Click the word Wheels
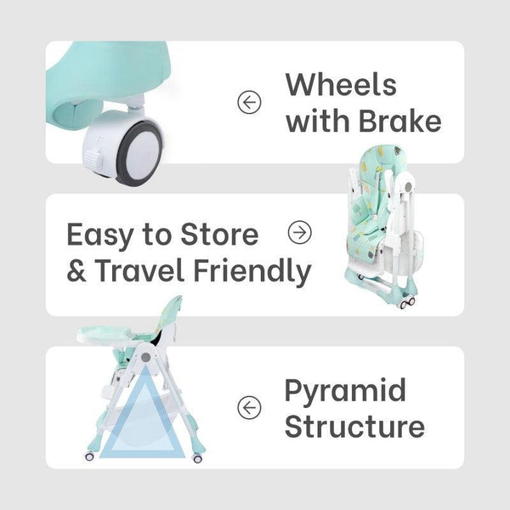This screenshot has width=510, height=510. click(341, 84)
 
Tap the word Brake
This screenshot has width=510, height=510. click(399, 121)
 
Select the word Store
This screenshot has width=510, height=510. click(219, 234)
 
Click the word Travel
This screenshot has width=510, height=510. click(139, 270)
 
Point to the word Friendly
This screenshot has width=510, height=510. click(252, 273)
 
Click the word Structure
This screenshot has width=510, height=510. click(354, 426)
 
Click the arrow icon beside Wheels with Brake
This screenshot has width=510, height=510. click(249, 102)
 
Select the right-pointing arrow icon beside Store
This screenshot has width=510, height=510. click(299, 232)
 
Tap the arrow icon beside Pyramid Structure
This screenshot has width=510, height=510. click(249, 407)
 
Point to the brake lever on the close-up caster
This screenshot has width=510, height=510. click(93, 156)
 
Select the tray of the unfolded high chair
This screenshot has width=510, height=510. click(106, 335)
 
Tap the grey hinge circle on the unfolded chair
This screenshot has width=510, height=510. click(145, 357)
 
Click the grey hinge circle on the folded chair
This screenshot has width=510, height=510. click(408, 187)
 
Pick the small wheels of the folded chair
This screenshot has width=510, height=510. click(408, 302)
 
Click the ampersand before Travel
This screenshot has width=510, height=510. click(76, 270)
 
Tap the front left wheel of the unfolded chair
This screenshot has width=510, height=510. click(89, 456)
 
